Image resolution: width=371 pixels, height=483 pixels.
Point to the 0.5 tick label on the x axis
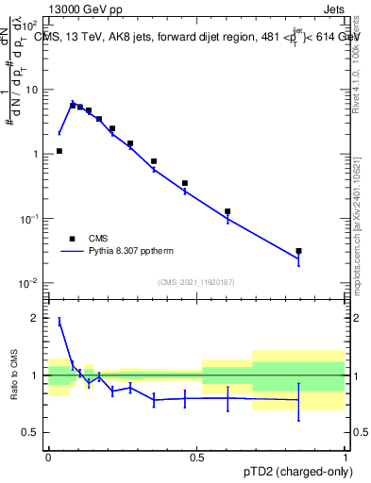[197, 456]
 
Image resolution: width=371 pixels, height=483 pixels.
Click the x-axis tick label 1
[346, 456]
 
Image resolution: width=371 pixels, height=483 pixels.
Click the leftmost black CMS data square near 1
[59, 151]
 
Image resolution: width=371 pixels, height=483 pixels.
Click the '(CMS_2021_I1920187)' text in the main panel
[197, 282]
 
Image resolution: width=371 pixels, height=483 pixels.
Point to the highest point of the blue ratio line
[59, 323]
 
